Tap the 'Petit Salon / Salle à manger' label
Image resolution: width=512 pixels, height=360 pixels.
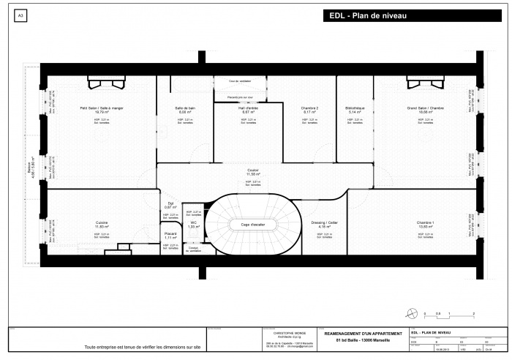tap(102, 108)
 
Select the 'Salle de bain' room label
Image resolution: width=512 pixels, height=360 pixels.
tap(185, 108)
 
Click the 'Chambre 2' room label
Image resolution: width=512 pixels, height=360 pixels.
tap(309, 108)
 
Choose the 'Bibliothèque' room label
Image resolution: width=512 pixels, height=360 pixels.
tap(355, 108)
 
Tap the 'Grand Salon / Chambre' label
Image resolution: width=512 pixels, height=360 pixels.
tap(425, 108)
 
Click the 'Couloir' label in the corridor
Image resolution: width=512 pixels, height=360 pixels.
tap(253, 170)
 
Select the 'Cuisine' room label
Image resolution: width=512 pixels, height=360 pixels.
tap(102, 222)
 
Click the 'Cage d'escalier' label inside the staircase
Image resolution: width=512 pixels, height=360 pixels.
tap(254, 224)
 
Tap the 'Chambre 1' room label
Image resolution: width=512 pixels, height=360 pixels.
tap(425, 222)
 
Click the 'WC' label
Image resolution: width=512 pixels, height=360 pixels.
tap(193, 222)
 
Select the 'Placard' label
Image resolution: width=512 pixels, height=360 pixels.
tap(170, 233)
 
